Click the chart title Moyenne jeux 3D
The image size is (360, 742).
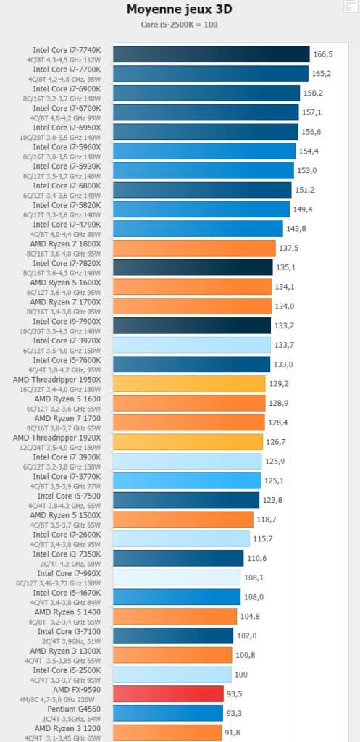point(180,9)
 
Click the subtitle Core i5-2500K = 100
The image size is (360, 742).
point(180,25)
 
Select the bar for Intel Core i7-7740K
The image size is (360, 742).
point(212,54)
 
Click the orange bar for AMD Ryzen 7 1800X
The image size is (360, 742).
point(194,248)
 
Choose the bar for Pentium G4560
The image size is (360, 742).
point(168,713)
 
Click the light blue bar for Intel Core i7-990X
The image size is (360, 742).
point(177,578)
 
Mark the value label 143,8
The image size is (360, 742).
point(296,228)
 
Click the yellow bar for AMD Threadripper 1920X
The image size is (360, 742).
point(188,441)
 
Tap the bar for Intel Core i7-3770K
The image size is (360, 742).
point(187,480)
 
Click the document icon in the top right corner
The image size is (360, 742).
point(351,5)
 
